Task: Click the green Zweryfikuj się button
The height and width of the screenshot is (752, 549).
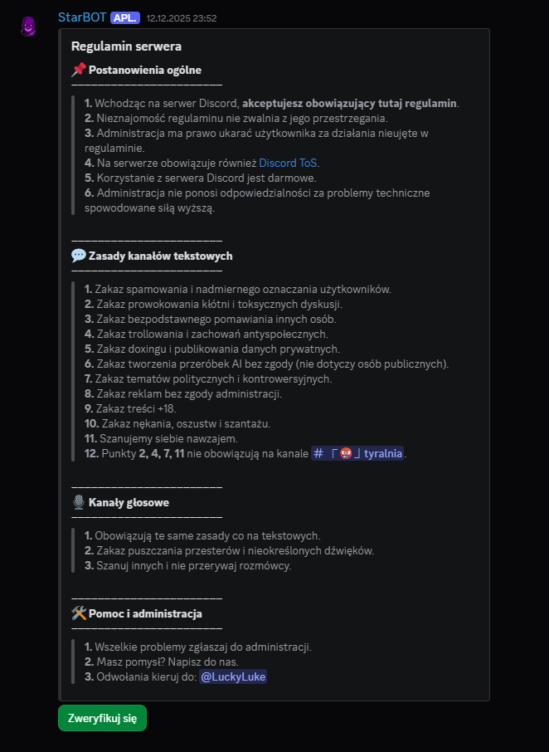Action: click(102, 718)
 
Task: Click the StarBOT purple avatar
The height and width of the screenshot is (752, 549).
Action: click(28, 27)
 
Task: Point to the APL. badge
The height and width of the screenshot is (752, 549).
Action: click(125, 17)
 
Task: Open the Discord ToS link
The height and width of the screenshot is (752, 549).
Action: click(289, 163)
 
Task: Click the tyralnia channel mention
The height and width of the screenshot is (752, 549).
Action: click(358, 453)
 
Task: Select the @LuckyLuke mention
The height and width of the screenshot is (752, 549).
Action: click(233, 676)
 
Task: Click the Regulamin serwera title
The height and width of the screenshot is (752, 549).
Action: click(126, 46)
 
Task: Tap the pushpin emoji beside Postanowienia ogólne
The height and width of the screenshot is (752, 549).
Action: click(79, 70)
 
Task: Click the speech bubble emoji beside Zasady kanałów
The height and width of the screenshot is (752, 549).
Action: click(79, 256)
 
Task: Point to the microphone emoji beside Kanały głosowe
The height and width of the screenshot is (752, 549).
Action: click(79, 502)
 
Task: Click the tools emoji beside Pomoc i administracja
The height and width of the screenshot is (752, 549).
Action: click(79, 613)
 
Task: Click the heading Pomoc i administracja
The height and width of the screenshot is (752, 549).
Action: click(144, 613)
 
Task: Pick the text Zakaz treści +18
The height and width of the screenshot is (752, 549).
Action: click(130, 408)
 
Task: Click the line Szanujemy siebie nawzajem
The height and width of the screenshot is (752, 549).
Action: click(168, 438)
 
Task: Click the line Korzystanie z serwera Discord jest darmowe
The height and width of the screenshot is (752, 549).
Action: click(200, 178)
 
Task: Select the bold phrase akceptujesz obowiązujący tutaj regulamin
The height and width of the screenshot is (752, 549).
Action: click(349, 103)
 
